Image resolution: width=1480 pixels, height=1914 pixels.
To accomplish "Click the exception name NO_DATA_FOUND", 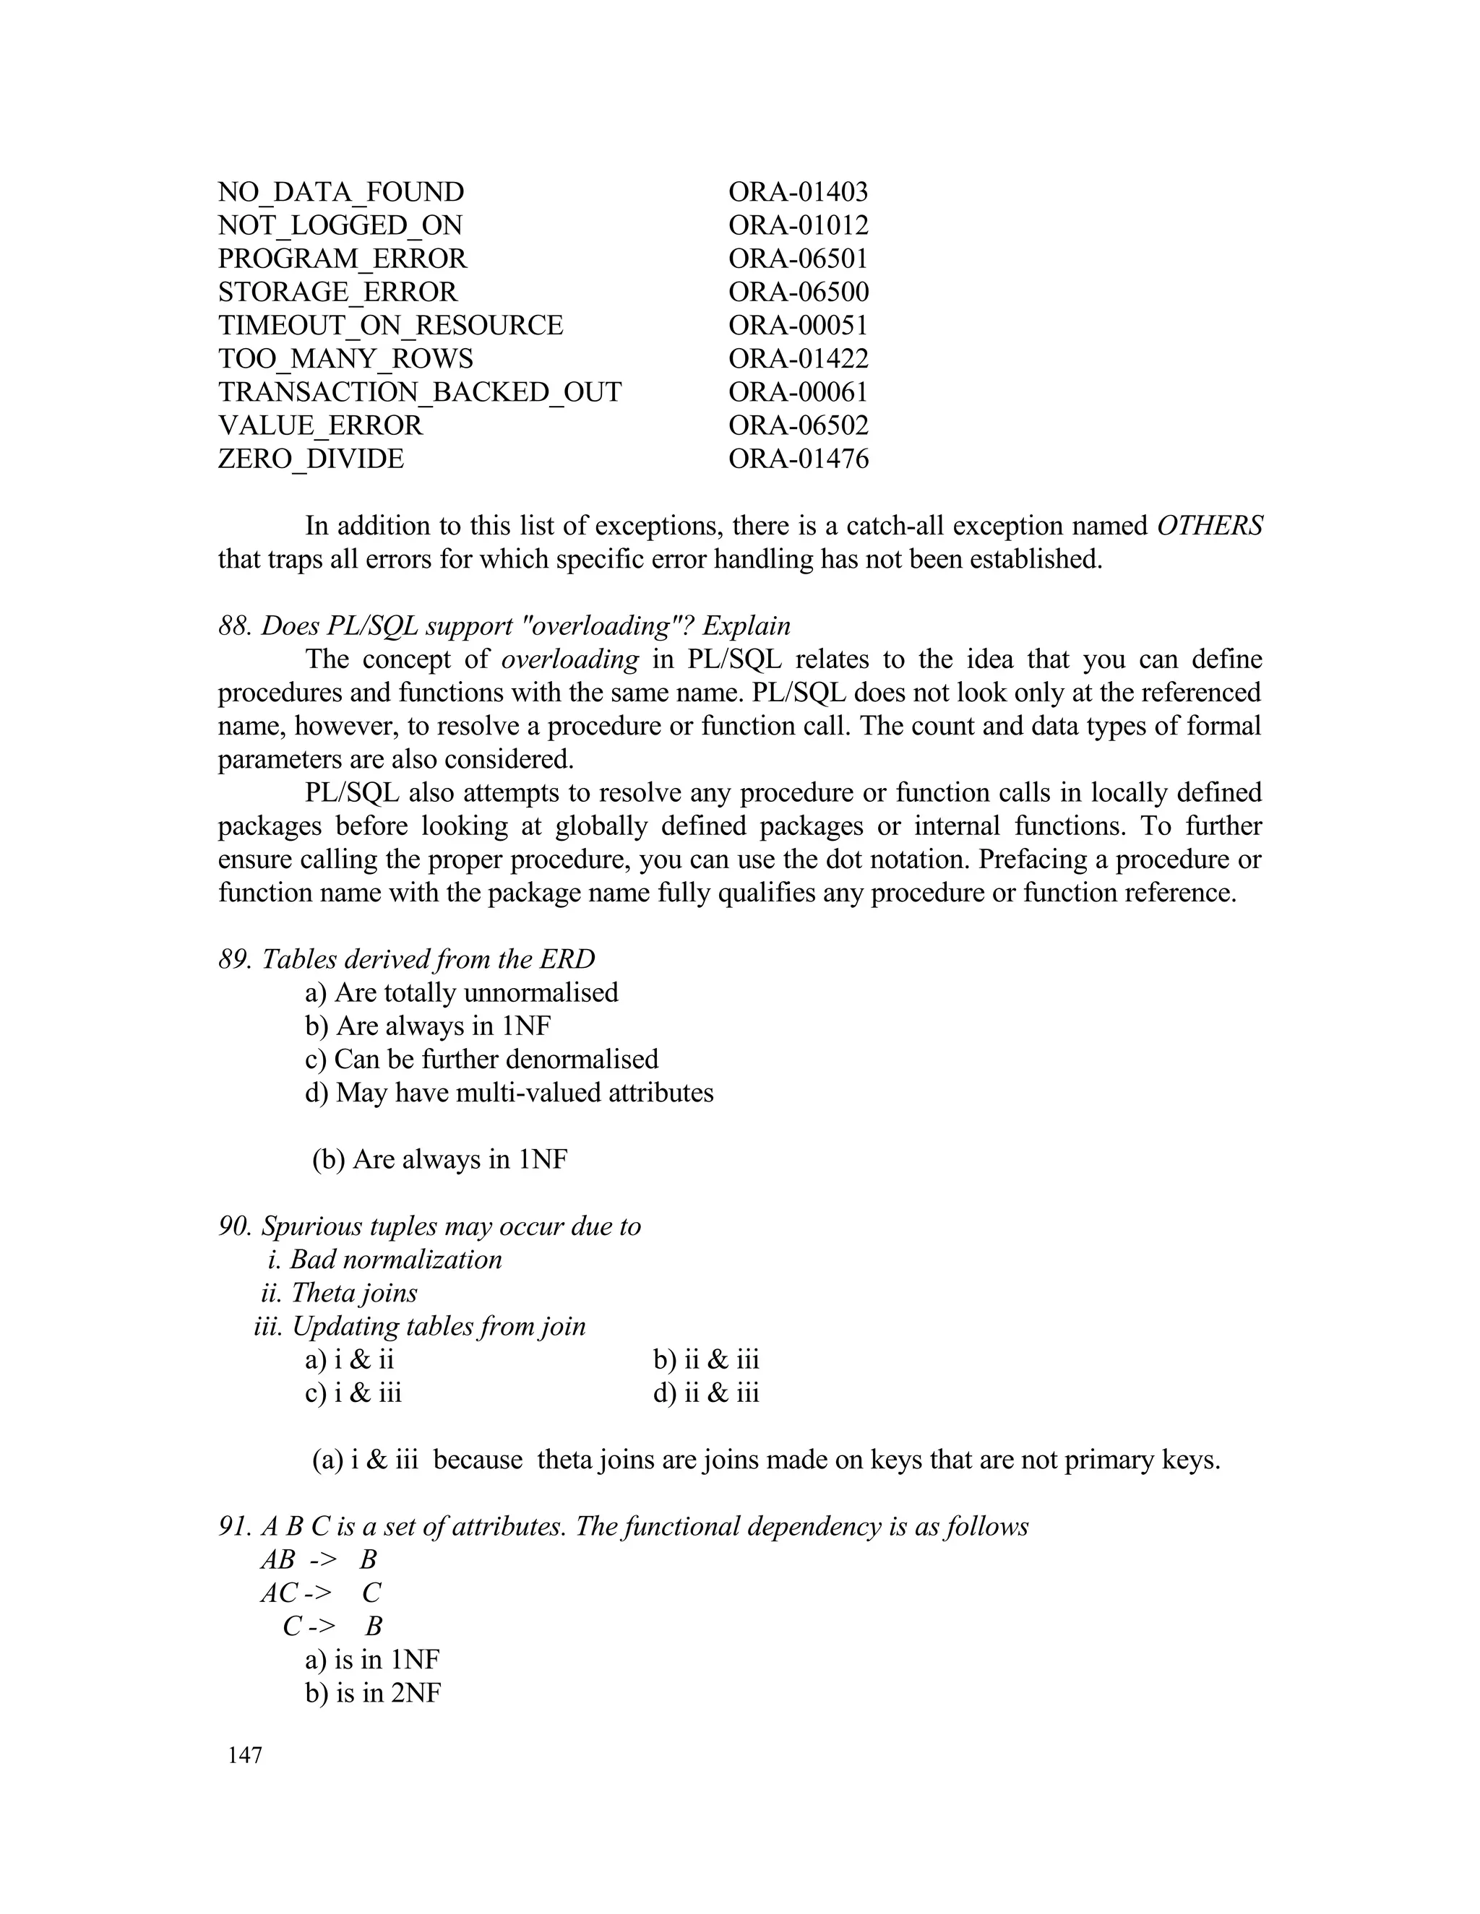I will pyautogui.click(x=340, y=192).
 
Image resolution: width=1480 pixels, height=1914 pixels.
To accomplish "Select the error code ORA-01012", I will pyautogui.click(x=798, y=225).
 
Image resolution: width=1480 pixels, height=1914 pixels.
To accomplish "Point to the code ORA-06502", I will pyautogui.click(x=798, y=425).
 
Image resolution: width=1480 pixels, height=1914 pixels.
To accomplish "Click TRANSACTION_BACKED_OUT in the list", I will pyautogui.click(x=419, y=391).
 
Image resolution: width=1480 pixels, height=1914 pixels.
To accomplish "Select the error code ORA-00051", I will pyautogui.click(x=798, y=325).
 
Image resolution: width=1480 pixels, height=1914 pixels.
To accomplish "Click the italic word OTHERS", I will pyautogui.click(x=1209, y=526).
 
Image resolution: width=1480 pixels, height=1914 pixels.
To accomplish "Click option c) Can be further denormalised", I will pyautogui.click(x=481, y=1059).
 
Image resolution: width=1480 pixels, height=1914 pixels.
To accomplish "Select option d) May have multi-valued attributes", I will pyautogui.click(x=509, y=1093).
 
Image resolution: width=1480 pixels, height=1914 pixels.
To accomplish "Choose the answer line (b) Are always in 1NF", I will pyautogui.click(x=439, y=1159).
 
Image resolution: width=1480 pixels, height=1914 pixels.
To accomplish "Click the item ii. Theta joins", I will pyautogui.click(x=340, y=1293).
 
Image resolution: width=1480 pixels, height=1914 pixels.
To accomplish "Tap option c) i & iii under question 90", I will pyautogui.click(x=353, y=1393).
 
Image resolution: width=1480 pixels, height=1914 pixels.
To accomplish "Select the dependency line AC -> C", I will pyautogui.click(x=321, y=1593).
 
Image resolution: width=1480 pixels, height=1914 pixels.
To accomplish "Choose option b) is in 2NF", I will pyautogui.click(x=373, y=1692).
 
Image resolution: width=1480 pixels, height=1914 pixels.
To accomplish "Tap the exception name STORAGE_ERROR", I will pyautogui.click(x=337, y=292).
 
